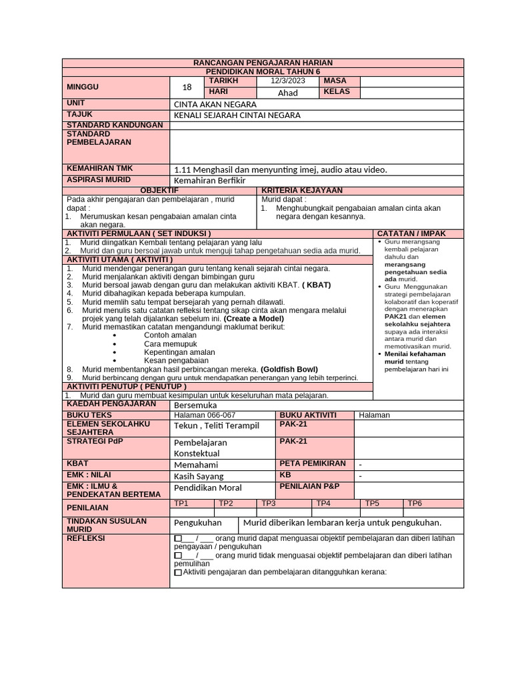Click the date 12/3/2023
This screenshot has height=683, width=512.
(x=287, y=81)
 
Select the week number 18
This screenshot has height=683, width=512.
(x=187, y=87)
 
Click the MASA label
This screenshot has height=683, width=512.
(x=335, y=81)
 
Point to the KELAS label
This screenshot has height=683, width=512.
(x=337, y=92)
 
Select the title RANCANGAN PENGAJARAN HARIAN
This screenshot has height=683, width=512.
(x=263, y=62)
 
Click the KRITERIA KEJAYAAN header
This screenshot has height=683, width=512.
(x=301, y=191)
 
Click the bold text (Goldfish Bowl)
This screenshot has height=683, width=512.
(x=289, y=369)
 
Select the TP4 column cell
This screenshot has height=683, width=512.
(x=323, y=504)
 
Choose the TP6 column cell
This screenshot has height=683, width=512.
(x=415, y=504)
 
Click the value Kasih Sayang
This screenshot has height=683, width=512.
(x=199, y=476)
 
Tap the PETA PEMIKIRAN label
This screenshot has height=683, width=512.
(x=313, y=463)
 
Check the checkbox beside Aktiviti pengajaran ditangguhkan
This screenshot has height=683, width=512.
(x=177, y=572)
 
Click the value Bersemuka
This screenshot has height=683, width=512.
(x=195, y=405)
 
